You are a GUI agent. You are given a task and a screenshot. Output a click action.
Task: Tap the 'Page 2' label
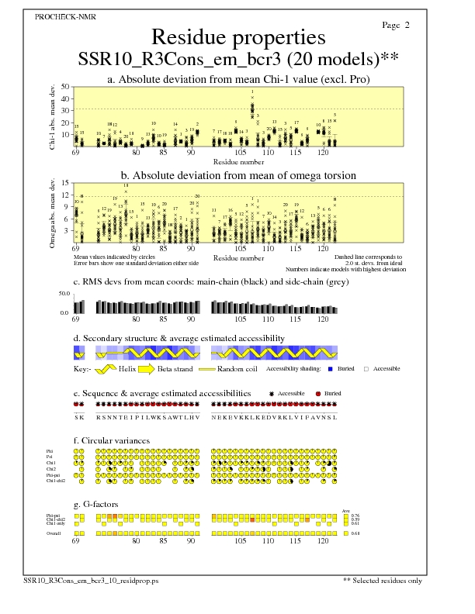[397, 25]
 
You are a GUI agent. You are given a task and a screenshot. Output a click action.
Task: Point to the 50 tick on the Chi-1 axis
[64, 87]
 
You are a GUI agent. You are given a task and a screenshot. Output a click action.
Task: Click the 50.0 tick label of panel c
[64, 294]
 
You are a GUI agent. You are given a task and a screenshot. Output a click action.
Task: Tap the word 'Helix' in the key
[128, 369]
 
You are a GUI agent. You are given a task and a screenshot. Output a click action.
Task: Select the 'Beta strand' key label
[175, 369]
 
